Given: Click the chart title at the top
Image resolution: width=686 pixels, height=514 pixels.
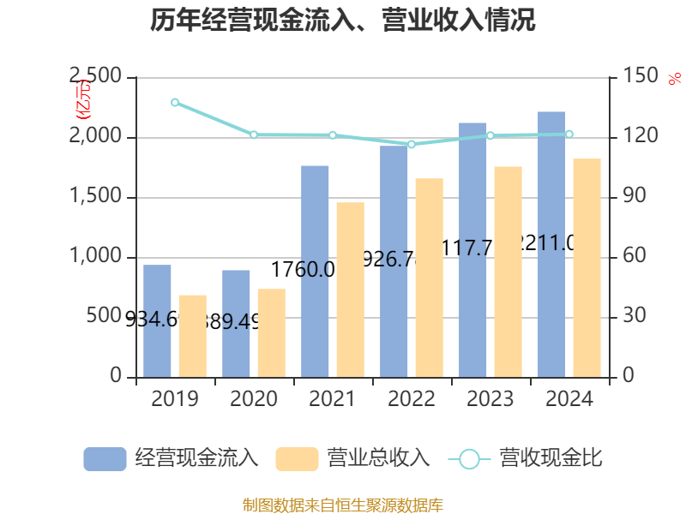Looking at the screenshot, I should pyautogui.click(x=343, y=21).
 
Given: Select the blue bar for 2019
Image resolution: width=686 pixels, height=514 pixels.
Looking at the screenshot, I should pyautogui.click(x=157, y=321).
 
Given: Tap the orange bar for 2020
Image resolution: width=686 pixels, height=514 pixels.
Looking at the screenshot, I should pyautogui.click(x=271, y=333).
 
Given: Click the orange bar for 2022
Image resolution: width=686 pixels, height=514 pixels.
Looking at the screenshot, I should pyautogui.click(x=429, y=278).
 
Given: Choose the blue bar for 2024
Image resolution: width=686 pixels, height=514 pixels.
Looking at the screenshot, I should pyautogui.click(x=551, y=244).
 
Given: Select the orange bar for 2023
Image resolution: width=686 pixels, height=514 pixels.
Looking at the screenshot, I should pyautogui.click(x=508, y=272).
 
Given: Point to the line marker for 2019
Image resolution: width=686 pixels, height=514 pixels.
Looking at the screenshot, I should pyautogui.click(x=175, y=103).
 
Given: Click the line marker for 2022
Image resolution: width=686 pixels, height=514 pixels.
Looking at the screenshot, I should pyautogui.click(x=412, y=144).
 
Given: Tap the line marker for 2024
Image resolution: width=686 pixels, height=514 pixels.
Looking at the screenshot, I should pyautogui.click(x=569, y=134).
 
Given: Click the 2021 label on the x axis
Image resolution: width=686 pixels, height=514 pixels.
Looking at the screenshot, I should pyautogui.click(x=333, y=399).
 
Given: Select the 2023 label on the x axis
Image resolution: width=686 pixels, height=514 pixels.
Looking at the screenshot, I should pyautogui.click(x=490, y=399).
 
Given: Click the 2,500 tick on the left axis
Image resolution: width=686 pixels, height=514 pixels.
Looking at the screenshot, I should pyautogui.click(x=95, y=78).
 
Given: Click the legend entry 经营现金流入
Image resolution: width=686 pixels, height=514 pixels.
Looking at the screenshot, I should pyautogui.click(x=171, y=458).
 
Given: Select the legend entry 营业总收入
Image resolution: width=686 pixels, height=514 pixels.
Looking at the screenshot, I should pyautogui.click(x=352, y=458).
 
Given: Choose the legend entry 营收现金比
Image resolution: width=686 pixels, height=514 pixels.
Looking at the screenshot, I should pyautogui.click(x=526, y=458).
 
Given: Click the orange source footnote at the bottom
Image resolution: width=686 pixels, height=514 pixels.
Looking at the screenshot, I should pyautogui.click(x=343, y=505).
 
